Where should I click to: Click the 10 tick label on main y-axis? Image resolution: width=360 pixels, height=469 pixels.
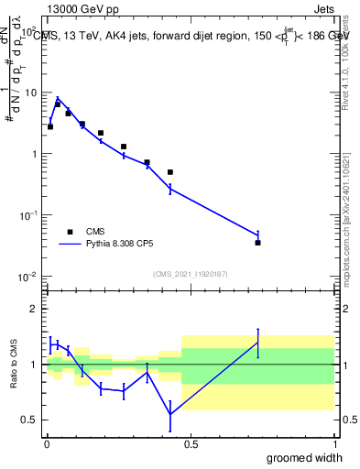[29, 93]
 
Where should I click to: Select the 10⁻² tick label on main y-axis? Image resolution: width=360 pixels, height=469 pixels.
[27, 277]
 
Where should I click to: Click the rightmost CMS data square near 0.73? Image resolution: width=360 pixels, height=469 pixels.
[257, 243]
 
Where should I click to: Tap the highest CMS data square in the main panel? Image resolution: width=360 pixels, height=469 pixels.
[57, 104]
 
